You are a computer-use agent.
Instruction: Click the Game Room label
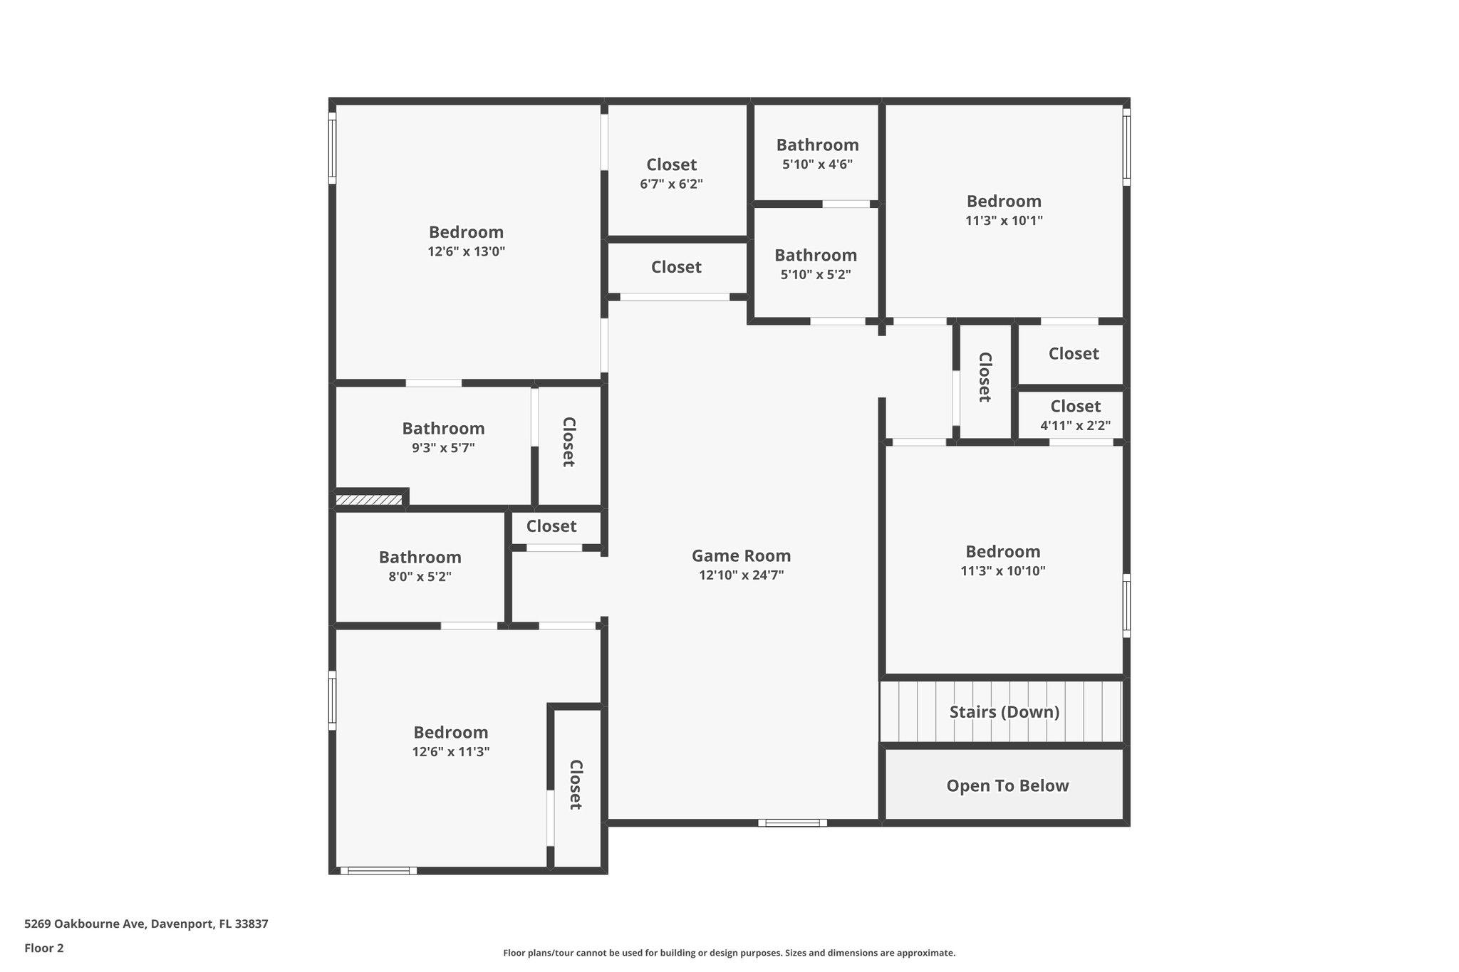click(x=741, y=555)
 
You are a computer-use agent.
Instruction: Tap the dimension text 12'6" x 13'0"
click(x=466, y=251)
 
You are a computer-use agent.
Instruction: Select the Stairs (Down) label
click(x=1004, y=712)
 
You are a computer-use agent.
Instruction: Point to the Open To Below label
click(x=1007, y=785)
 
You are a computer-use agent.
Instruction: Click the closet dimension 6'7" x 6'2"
click(x=671, y=184)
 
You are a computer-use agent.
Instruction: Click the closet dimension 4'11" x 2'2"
click(x=1075, y=426)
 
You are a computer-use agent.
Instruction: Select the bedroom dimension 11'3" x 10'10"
click(x=1002, y=570)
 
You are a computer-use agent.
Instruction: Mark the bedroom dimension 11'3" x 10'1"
click(x=1004, y=220)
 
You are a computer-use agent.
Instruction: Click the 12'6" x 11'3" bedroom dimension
click(x=450, y=752)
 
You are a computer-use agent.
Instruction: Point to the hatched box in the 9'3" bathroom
click(x=369, y=500)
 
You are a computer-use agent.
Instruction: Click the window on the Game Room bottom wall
click(x=792, y=822)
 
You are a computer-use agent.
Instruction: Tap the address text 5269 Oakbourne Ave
click(x=86, y=924)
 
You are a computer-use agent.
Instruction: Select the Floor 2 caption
click(x=44, y=948)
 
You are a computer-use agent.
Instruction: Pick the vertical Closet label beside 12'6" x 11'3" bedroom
click(x=576, y=785)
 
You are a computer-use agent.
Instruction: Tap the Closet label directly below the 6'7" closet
click(x=676, y=267)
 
